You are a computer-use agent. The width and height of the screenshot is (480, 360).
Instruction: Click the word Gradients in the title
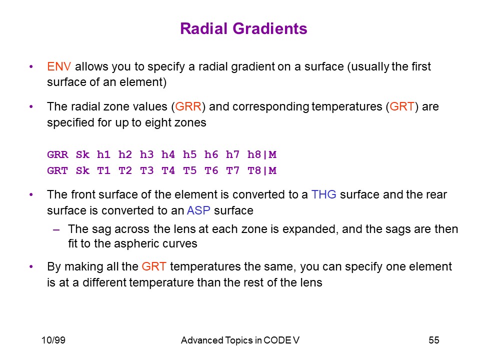[x=270, y=28]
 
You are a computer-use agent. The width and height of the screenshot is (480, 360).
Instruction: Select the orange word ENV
[x=59, y=66]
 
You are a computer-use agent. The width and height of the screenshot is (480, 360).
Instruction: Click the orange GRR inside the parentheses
[x=188, y=106]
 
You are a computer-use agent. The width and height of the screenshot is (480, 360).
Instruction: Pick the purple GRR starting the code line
[x=58, y=154]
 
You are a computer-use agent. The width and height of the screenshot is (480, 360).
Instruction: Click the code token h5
[x=190, y=154]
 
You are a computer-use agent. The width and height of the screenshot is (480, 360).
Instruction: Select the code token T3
[x=146, y=170]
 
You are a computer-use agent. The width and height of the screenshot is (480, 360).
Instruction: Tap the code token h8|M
[x=262, y=154]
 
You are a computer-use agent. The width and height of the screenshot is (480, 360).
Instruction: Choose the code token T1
[x=104, y=170]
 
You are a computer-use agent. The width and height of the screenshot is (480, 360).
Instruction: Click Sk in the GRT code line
[x=82, y=170]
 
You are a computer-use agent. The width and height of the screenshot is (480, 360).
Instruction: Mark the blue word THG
[x=324, y=194]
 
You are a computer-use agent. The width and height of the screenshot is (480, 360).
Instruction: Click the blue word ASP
[x=198, y=210]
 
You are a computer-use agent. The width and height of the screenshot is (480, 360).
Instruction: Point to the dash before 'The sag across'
[x=56, y=229]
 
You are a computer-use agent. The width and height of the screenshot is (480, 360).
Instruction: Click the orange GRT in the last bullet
[x=154, y=266]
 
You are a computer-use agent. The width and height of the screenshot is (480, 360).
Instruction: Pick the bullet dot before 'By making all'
[x=31, y=267]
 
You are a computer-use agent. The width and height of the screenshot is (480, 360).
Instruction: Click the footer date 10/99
[x=53, y=340]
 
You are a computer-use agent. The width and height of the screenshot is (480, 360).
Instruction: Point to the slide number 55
[x=434, y=340]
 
